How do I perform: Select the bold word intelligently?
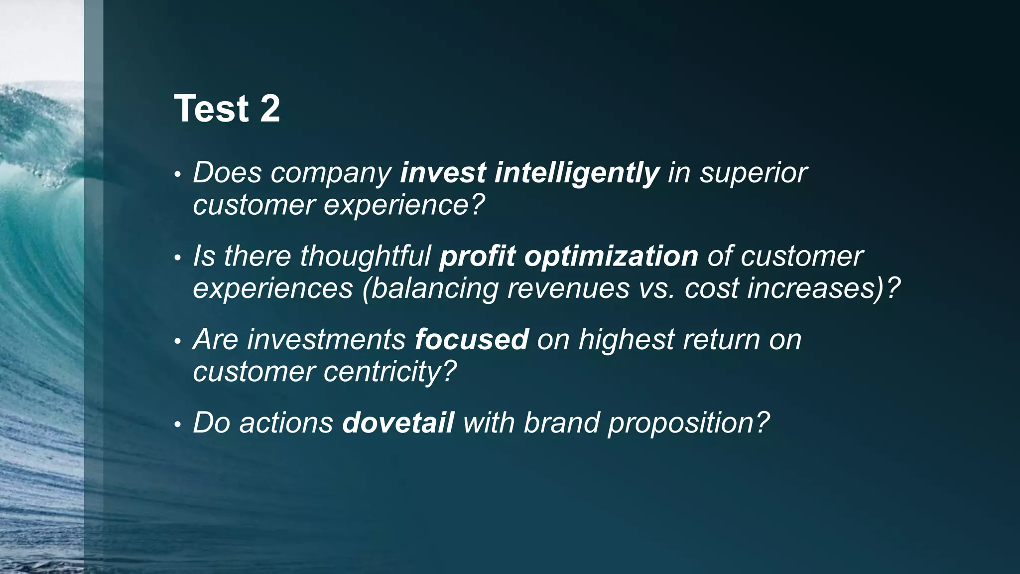(577, 173)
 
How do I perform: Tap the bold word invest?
(443, 173)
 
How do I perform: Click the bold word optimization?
(611, 257)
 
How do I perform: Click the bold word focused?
(471, 340)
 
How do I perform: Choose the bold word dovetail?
(397, 423)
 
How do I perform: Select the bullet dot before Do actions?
(177, 425)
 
